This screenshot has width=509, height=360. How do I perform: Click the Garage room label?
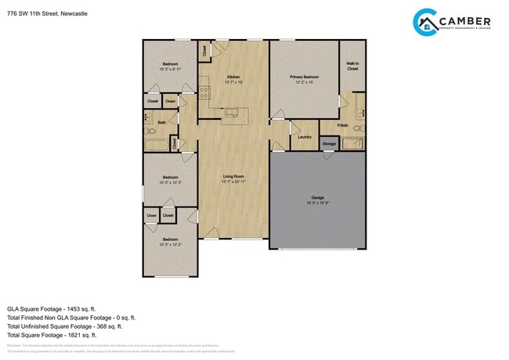[317, 198]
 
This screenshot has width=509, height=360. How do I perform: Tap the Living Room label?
[233, 178]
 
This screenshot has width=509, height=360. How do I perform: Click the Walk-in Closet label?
[352, 67]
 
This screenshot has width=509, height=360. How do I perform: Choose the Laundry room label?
[305, 137]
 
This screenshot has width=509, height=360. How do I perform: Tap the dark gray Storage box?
[329, 144]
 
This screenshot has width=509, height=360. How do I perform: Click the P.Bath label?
[342, 125]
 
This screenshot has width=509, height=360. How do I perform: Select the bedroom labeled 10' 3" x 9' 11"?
[170, 67]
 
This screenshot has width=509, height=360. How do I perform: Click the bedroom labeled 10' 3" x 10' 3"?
[170, 180]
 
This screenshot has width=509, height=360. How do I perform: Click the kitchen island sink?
[231, 114]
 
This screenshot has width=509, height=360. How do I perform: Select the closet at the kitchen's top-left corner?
[204, 51]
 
